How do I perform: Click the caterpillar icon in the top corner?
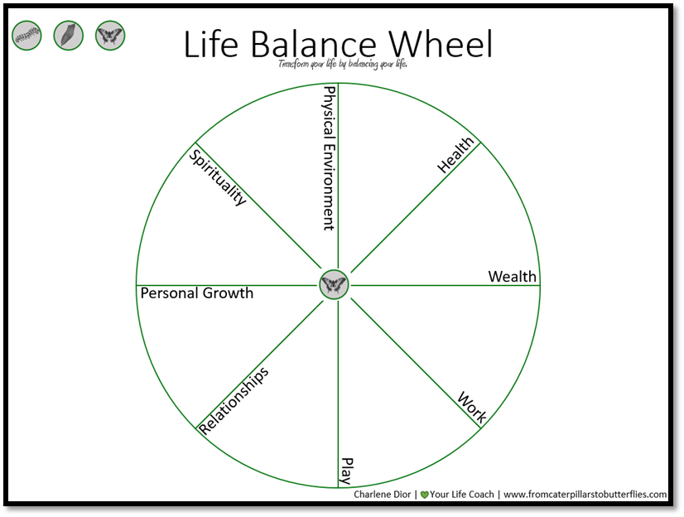pos(26,35)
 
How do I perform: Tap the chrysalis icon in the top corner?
pos(69,35)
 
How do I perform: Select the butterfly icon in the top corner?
pos(110,35)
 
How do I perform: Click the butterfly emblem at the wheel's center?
pos(334,285)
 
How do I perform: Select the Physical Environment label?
pos(329,158)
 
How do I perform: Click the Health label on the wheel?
pos(456,155)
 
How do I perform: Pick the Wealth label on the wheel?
pos(512,277)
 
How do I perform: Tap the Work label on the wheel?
pos(472,407)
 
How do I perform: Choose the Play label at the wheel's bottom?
pos(347,471)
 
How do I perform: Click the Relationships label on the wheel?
pos(235,400)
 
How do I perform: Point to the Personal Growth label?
pos(197,293)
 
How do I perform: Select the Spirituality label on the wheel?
pos(218,176)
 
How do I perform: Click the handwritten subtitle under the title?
pos(343,65)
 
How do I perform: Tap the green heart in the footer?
pos(425,495)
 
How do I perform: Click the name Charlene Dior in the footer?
pos(383,495)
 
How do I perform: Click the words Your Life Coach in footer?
pos(462,495)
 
